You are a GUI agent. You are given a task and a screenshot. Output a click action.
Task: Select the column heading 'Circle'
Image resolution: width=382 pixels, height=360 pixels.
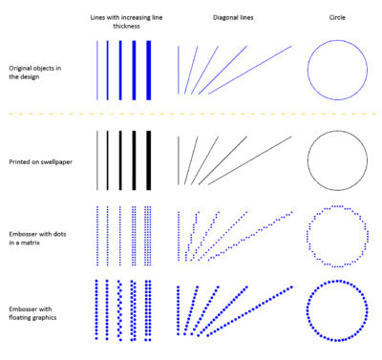coord(337,16)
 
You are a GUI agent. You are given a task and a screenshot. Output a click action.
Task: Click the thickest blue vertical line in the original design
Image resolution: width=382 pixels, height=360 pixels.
coord(150,69)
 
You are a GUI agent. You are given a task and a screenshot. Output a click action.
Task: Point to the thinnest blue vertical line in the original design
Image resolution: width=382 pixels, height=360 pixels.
coord(96,69)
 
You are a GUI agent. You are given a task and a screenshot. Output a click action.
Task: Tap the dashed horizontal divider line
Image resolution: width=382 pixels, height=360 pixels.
coord(191,116)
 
